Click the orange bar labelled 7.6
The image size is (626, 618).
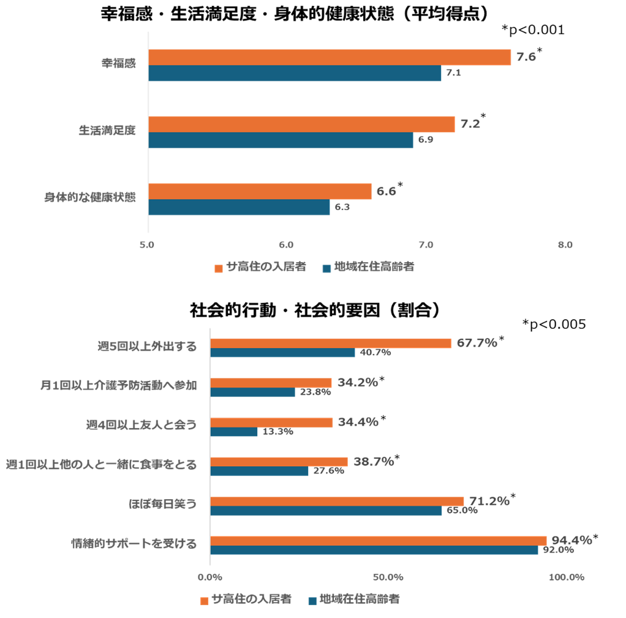(x=330, y=57)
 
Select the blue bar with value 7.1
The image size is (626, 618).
(x=295, y=73)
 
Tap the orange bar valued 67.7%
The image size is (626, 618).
(x=331, y=343)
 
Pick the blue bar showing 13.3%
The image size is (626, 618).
(x=234, y=432)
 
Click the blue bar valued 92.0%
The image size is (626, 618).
(x=374, y=550)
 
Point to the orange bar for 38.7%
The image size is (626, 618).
(x=279, y=462)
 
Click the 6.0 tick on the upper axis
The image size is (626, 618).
(x=286, y=246)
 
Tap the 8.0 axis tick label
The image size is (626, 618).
(x=565, y=246)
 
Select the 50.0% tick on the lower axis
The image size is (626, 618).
(x=388, y=577)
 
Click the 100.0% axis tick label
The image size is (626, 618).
(x=566, y=577)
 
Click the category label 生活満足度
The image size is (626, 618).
(x=107, y=130)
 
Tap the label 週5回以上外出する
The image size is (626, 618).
(x=147, y=347)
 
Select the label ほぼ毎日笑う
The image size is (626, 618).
(x=162, y=504)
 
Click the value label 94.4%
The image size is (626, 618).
(x=571, y=540)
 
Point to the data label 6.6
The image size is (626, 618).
(x=386, y=192)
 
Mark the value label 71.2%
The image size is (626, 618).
(x=489, y=501)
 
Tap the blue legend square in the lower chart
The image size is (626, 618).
(x=312, y=601)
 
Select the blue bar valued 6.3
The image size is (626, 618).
(x=239, y=208)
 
